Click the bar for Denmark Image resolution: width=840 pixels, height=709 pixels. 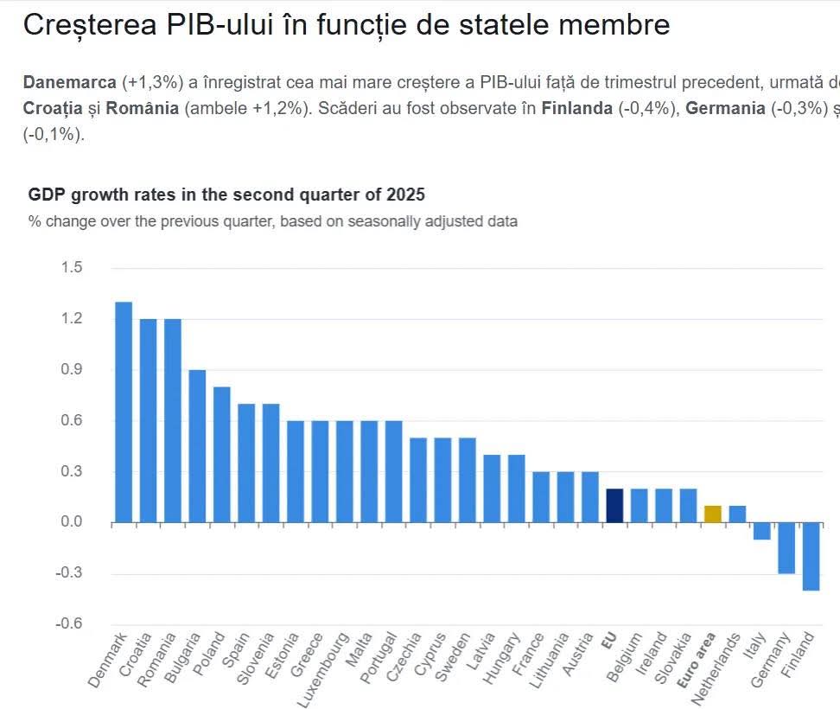point(124,412)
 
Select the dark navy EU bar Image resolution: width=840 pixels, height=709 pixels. point(614,506)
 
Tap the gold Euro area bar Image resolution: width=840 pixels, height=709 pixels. point(713,514)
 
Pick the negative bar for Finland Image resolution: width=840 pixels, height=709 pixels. point(811,556)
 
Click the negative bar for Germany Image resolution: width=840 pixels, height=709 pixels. point(786,547)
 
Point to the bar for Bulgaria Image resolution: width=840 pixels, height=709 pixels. point(197,446)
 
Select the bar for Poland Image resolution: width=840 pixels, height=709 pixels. point(222,455)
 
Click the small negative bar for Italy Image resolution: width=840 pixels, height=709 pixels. point(761,531)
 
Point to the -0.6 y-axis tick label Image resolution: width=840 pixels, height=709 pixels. point(69,624)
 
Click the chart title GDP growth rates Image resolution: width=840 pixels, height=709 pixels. point(226,194)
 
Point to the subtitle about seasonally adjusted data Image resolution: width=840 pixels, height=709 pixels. point(273,221)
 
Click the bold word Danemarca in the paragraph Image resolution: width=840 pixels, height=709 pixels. point(70,83)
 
